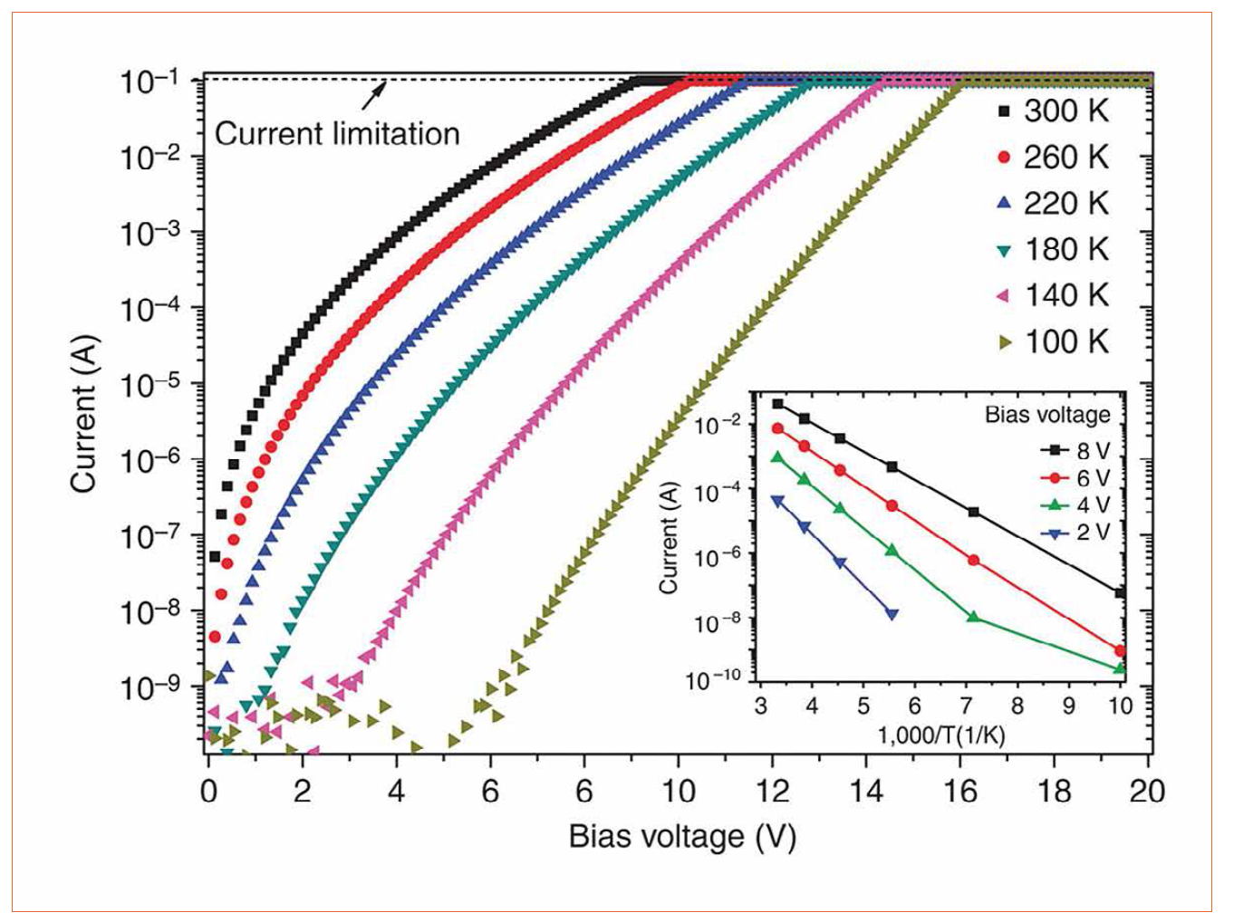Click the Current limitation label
click(337, 134)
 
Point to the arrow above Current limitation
click(374, 93)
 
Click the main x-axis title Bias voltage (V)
click(682, 836)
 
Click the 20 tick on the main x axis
click(1147, 791)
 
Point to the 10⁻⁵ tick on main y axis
click(149, 386)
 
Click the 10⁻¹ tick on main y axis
click(149, 82)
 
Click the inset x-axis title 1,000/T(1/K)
click(941, 735)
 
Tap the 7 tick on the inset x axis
click(967, 706)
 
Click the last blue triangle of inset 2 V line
click(892, 614)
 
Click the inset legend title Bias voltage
click(1047, 415)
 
